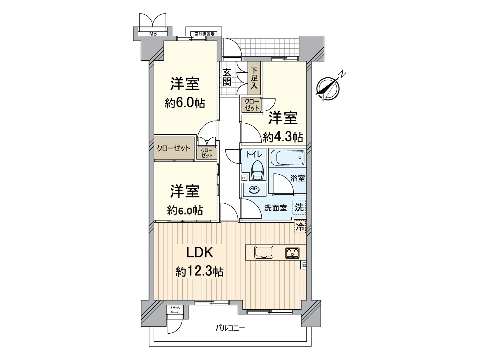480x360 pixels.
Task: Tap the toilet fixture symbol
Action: pyautogui.click(x=257, y=171)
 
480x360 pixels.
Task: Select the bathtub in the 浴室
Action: pyautogui.click(x=287, y=157)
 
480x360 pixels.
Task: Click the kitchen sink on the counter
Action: pyautogui.click(x=264, y=252)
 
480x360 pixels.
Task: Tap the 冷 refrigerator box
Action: pyautogui.click(x=300, y=227)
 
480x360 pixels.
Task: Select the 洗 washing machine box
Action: pyautogui.click(x=299, y=207)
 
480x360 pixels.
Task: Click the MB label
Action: pyautogui.click(x=153, y=34)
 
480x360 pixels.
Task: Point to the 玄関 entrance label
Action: pyautogui.click(x=227, y=77)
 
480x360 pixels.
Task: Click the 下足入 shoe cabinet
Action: pyautogui.click(x=254, y=78)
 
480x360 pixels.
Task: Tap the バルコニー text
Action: pyautogui.click(x=230, y=328)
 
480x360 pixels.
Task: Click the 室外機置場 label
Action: pyautogui.click(x=204, y=34)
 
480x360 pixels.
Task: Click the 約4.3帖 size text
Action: pyautogui.click(x=283, y=137)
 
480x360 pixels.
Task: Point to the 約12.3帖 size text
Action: pyautogui.click(x=199, y=272)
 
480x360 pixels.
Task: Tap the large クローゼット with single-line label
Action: pyautogui.click(x=174, y=148)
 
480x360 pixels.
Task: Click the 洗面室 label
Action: pyautogui.click(x=275, y=208)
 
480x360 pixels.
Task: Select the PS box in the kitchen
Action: pyautogui.click(x=304, y=265)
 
